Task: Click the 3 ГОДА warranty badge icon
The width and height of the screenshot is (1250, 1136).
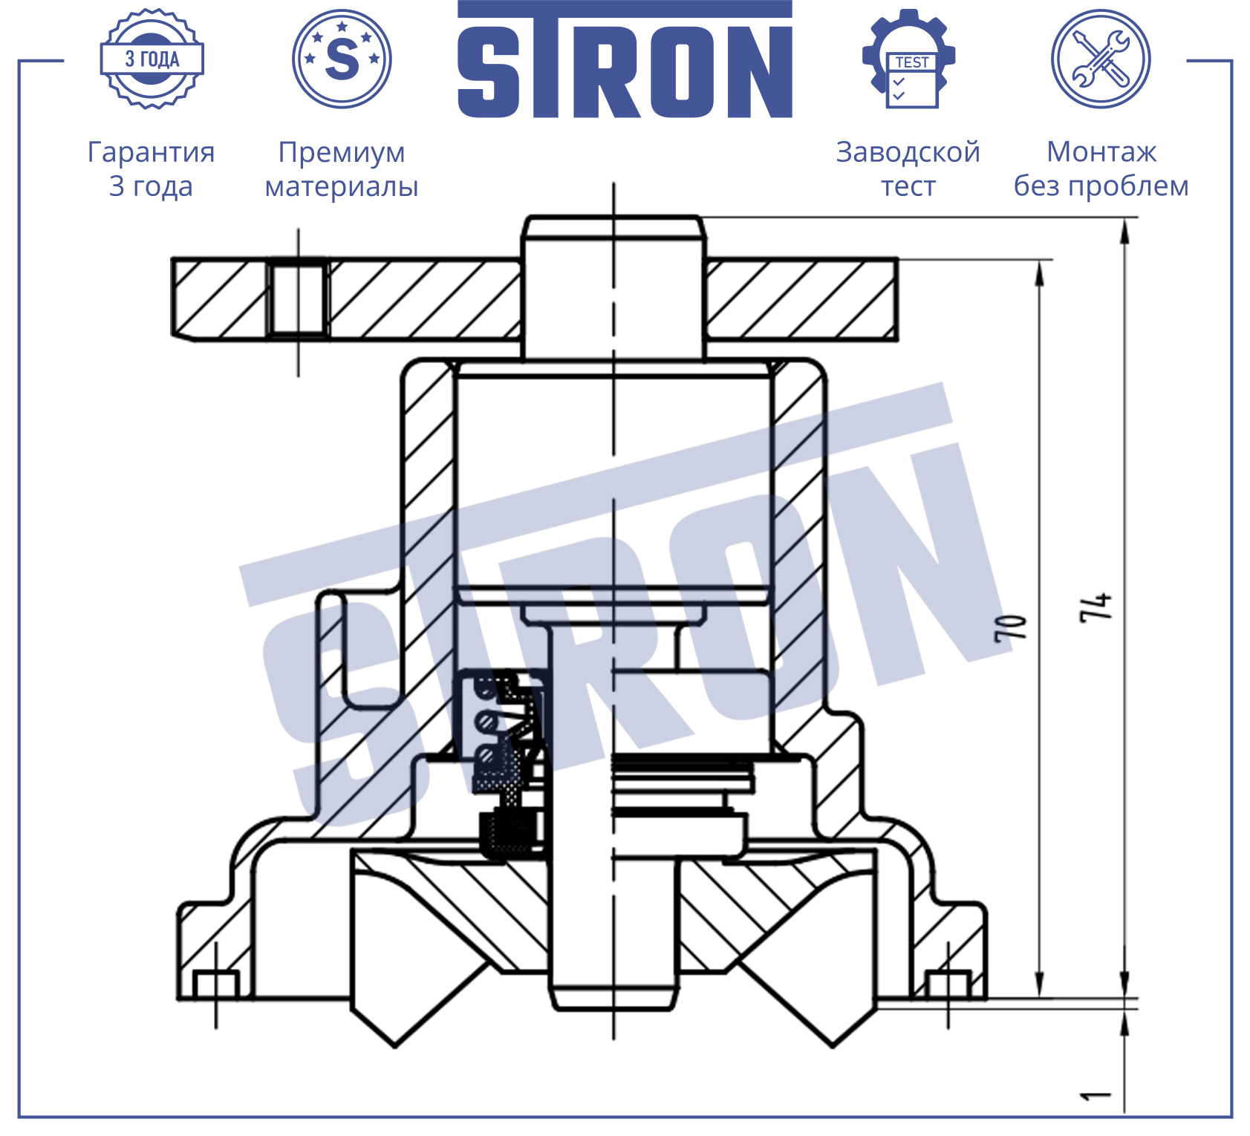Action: (x=152, y=59)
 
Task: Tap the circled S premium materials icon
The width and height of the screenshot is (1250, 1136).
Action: (x=342, y=59)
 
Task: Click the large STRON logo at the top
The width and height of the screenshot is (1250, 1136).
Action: (x=625, y=59)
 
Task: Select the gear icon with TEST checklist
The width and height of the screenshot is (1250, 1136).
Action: (x=908, y=59)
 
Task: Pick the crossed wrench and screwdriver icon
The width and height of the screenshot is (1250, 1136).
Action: (x=1101, y=59)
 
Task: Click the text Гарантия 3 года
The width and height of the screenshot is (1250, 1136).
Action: (x=151, y=169)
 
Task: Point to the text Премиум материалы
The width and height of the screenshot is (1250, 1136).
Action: (x=342, y=169)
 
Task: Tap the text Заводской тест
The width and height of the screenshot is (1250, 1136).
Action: (x=908, y=169)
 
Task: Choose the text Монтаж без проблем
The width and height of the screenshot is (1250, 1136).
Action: (x=1101, y=169)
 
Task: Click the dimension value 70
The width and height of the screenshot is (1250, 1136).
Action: (x=1011, y=628)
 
